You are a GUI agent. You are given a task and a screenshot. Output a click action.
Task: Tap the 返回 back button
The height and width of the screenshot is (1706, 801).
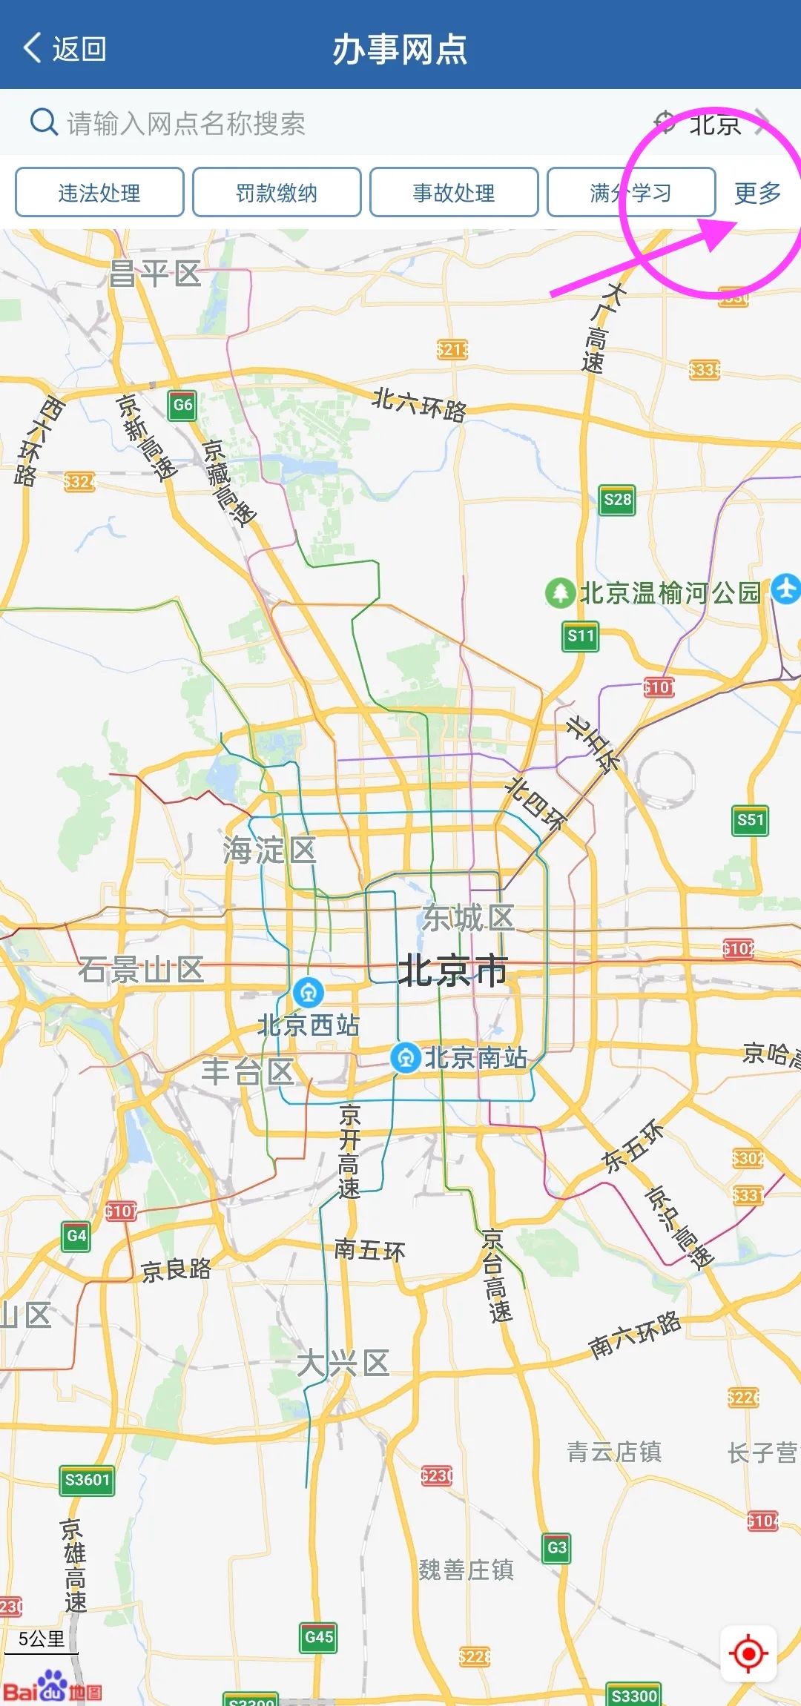pyautogui.click(x=65, y=49)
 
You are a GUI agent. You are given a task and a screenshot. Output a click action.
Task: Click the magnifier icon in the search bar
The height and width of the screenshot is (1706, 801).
pyautogui.click(x=43, y=122)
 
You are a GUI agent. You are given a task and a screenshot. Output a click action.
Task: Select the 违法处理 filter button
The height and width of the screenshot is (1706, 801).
pyautogui.click(x=99, y=193)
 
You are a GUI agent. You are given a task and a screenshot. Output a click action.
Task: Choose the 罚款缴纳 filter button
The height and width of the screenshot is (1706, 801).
pyautogui.click(x=277, y=193)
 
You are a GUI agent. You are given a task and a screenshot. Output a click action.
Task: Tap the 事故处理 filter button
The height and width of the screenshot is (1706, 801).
pyautogui.click(x=454, y=193)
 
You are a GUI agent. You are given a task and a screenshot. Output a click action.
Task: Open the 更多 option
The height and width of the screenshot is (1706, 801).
pyautogui.click(x=757, y=193)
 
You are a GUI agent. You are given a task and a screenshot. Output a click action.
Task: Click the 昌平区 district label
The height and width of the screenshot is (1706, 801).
pyautogui.click(x=155, y=274)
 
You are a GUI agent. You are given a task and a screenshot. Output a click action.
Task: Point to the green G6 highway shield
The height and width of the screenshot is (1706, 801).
pyautogui.click(x=182, y=405)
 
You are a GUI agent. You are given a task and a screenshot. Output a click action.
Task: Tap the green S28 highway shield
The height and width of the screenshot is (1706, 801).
pyautogui.click(x=617, y=500)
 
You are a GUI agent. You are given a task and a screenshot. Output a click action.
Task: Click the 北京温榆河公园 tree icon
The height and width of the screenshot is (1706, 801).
pyautogui.click(x=560, y=593)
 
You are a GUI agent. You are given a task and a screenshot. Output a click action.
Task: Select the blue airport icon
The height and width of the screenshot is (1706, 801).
pyautogui.click(x=786, y=589)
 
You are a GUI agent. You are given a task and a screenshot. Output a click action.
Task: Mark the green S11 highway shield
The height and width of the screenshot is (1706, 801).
pyautogui.click(x=581, y=636)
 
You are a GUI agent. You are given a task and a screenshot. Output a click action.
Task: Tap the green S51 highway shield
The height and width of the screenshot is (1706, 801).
pyautogui.click(x=750, y=820)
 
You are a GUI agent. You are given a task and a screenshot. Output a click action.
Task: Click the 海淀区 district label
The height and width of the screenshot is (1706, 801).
pyautogui.click(x=269, y=850)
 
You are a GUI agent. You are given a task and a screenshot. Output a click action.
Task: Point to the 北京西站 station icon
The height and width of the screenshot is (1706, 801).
pyautogui.click(x=309, y=991)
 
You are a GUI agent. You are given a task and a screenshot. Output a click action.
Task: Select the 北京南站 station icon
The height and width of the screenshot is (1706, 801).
pyautogui.click(x=406, y=1057)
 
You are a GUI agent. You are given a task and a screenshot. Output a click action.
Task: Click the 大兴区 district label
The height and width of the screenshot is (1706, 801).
pyautogui.click(x=343, y=1363)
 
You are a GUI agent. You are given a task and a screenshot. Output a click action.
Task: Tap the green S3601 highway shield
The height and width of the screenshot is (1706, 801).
pyautogui.click(x=88, y=1481)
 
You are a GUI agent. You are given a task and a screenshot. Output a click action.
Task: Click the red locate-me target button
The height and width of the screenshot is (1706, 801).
pyautogui.click(x=748, y=1653)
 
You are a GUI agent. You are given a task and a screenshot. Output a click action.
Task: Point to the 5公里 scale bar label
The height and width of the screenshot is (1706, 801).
pyautogui.click(x=42, y=1639)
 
